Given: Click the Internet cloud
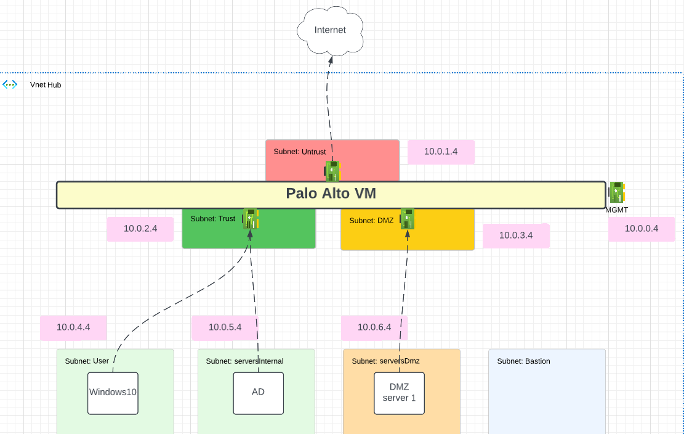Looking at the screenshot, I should point(330,30).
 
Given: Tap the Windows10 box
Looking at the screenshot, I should point(113,393).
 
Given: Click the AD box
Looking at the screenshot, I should point(258,393).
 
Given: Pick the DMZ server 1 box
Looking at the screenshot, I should point(399,393).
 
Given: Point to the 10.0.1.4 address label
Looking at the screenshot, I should point(441,152).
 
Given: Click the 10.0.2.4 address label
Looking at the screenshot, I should point(140,229).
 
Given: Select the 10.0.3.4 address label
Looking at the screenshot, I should point(516,235).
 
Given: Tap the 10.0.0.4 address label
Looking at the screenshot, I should point(642,229).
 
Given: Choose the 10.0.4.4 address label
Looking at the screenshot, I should point(73,327).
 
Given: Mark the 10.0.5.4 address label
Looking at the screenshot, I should point(225,327).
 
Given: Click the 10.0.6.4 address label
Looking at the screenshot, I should point(374,327).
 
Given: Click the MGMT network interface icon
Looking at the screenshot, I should point(617,192).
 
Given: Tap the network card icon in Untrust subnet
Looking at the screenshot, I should point(332,171).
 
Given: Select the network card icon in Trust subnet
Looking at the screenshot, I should point(251,219).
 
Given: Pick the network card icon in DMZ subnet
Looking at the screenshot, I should point(407,219).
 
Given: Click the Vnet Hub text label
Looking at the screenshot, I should point(46,85).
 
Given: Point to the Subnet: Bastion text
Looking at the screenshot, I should point(523,361).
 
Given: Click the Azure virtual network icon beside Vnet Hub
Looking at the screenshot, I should point(10,84).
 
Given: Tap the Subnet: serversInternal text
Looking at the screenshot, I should point(244,361).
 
